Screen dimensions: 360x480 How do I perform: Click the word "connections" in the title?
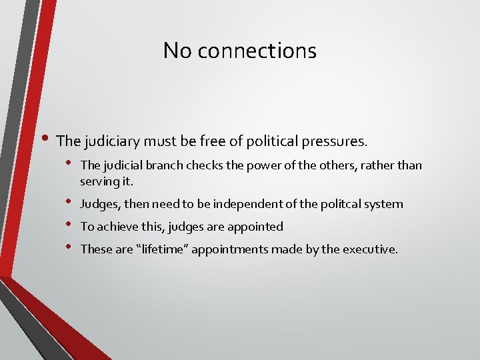[258, 50]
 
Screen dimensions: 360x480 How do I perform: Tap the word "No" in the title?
[178, 50]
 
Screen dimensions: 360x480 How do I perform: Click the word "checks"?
[196, 165]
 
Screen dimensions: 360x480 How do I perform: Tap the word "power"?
[249, 165]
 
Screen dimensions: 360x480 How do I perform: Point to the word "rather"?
[378, 165]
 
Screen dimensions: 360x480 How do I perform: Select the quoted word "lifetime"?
[157, 249]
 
